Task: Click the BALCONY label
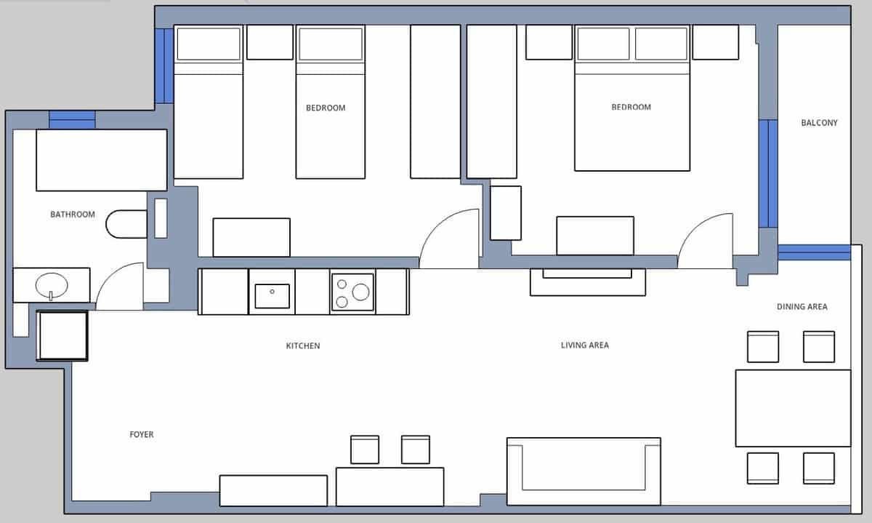click(819, 123)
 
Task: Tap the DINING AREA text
click(802, 307)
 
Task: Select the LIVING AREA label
click(584, 345)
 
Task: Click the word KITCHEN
click(302, 346)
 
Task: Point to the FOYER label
click(142, 434)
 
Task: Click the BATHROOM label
click(72, 215)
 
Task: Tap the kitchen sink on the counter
click(272, 295)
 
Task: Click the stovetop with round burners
click(352, 292)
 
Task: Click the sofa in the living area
click(584, 471)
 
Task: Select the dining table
click(793, 408)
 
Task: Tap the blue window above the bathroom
click(72, 120)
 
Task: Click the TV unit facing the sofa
click(587, 282)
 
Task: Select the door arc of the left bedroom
click(448, 239)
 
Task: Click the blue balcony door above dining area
click(814, 252)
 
